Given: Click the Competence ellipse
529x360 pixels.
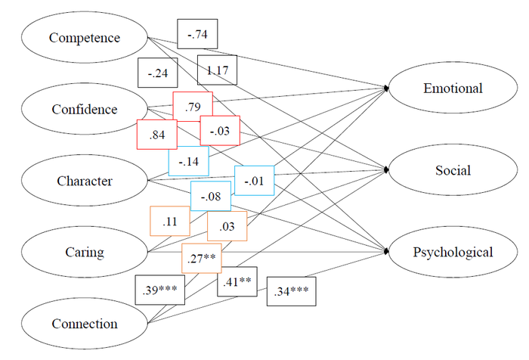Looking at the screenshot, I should pos(84,37).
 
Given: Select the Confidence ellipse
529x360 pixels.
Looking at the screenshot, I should pos(84,109).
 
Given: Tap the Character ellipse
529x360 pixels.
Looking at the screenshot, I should pos(84,181).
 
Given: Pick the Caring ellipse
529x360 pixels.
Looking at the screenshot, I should pos(84,252).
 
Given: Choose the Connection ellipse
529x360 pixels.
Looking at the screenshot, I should pos(84,324).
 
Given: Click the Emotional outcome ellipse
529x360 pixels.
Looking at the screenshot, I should pos(453,88).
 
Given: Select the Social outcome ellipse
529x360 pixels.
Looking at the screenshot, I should pos(453,170).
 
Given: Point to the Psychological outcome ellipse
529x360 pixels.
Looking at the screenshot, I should pos(453,252).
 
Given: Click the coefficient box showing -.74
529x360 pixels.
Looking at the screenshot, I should pos(198,33).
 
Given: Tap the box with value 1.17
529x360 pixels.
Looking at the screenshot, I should pos(217,71).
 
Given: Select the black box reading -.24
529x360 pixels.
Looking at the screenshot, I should pos(158,74).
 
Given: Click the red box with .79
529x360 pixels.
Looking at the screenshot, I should pos(192,107).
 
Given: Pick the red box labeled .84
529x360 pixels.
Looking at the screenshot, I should pos(156,135).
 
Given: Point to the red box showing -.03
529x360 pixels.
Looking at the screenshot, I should pos(220,131).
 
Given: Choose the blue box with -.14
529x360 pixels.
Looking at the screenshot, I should pos(188,161).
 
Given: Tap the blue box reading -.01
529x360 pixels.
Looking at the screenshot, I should pos(254,180).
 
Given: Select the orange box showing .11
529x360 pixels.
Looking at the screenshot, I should pos(170,221).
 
